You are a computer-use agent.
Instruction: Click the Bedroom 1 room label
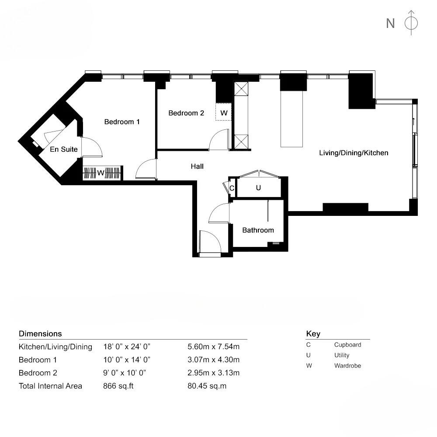(x=122, y=122)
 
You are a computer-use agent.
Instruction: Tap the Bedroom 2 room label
(x=186, y=113)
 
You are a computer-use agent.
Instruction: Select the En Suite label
(x=64, y=149)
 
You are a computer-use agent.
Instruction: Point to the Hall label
(x=197, y=166)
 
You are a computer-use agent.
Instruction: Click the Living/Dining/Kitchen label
(x=354, y=153)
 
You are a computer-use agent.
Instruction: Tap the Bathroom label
(x=258, y=230)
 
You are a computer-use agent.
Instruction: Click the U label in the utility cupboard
(x=258, y=188)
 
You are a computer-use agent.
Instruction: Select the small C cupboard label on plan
(x=232, y=188)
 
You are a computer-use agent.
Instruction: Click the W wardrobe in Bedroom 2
(x=224, y=113)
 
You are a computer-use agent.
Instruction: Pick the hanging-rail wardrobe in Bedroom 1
(x=102, y=173)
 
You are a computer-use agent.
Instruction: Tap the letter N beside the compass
(x=390, y=23)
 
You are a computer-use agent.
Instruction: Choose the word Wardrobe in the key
(x=347, y=366)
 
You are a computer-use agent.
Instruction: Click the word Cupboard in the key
(x=347, y=345)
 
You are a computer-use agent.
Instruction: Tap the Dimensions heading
(x=40, y=334)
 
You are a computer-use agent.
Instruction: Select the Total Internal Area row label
(x=50, y=386)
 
